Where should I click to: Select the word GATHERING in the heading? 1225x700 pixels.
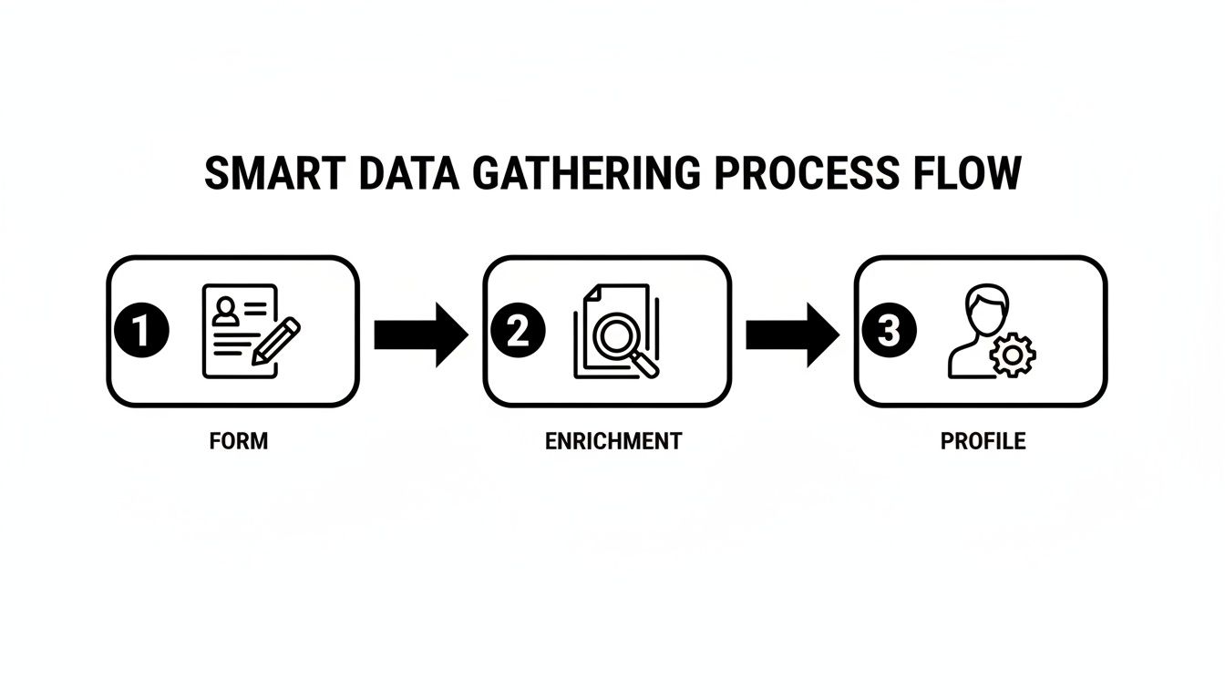pyautogui.click(x=582, y=173)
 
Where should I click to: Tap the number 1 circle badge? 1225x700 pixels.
pyautogui.click(x=143, y=332)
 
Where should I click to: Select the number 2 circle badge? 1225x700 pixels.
pyautogui.click(x=517, y=332)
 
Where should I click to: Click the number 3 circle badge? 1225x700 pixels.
pyautogui.click(x=888, y=332)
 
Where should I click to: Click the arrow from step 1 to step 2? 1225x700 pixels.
pyautogui.click(x=420, y=335)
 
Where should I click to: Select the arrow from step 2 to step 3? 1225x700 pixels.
pyautogui.click(x=792, y=335)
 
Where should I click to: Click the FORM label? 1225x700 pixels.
pyautogui.click(x=239, y=441)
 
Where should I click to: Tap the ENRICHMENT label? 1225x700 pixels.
pyautogui.click(x=612, y=441)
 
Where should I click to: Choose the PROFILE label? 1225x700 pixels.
pyautogui.click(x=983, y=441)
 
